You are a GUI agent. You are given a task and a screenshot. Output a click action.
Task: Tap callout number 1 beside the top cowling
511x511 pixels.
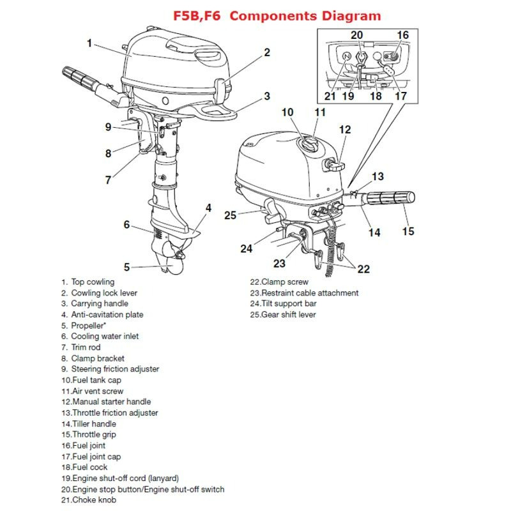90,43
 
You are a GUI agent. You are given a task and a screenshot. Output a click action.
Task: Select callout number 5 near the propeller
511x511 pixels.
127,267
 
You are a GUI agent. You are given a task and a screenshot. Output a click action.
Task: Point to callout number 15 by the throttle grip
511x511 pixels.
408,231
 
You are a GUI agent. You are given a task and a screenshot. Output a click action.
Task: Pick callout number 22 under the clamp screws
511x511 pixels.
363,269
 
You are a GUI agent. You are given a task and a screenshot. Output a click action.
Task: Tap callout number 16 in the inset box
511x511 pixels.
403,34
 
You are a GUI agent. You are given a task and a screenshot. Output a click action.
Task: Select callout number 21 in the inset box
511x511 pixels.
330,97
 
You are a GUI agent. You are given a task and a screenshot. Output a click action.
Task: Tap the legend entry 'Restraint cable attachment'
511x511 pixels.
304,293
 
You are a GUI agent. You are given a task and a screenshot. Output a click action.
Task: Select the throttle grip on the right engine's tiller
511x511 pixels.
392,199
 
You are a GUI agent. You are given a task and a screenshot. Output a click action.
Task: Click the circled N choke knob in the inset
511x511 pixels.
346,57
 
